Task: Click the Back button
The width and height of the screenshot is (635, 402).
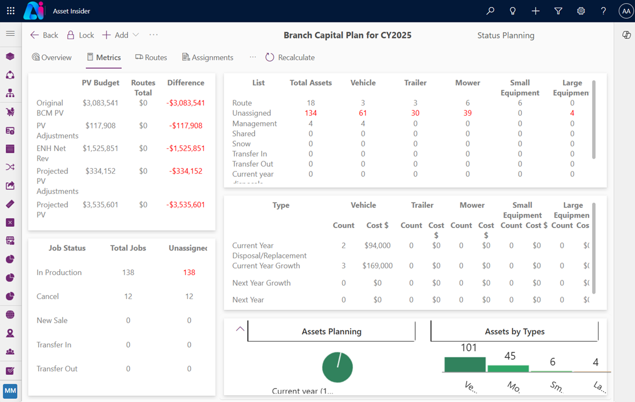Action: (44, 35)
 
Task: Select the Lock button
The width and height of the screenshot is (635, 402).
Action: (80, 35)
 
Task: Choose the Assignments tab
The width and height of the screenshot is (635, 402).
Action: (208, 57)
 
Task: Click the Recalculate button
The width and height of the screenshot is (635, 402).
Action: (290, 57)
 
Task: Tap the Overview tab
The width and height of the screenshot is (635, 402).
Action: (51, 57)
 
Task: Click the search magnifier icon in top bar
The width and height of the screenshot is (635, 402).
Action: (490, 11)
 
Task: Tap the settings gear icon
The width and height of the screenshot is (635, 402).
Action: (581, 11)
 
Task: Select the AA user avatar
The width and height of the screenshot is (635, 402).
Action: (626, 11)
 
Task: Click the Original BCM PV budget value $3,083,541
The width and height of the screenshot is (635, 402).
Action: (100, 103)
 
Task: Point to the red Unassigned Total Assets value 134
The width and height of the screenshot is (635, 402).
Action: (311, 113)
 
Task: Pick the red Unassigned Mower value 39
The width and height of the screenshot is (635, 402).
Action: (467, 113)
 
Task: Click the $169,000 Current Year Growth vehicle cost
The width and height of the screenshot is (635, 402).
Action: (378, 266)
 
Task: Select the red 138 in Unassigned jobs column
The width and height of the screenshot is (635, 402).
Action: (189, 272)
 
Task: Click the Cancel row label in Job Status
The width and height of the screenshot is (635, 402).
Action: (48, 296)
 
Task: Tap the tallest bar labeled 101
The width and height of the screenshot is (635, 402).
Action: (464, 364)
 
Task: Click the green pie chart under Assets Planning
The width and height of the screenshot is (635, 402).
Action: (337, 368)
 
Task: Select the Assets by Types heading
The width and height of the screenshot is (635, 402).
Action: (514, 332)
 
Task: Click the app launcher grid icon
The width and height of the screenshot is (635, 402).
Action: (11, 11)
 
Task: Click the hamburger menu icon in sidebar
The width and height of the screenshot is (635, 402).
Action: (10, 34)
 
